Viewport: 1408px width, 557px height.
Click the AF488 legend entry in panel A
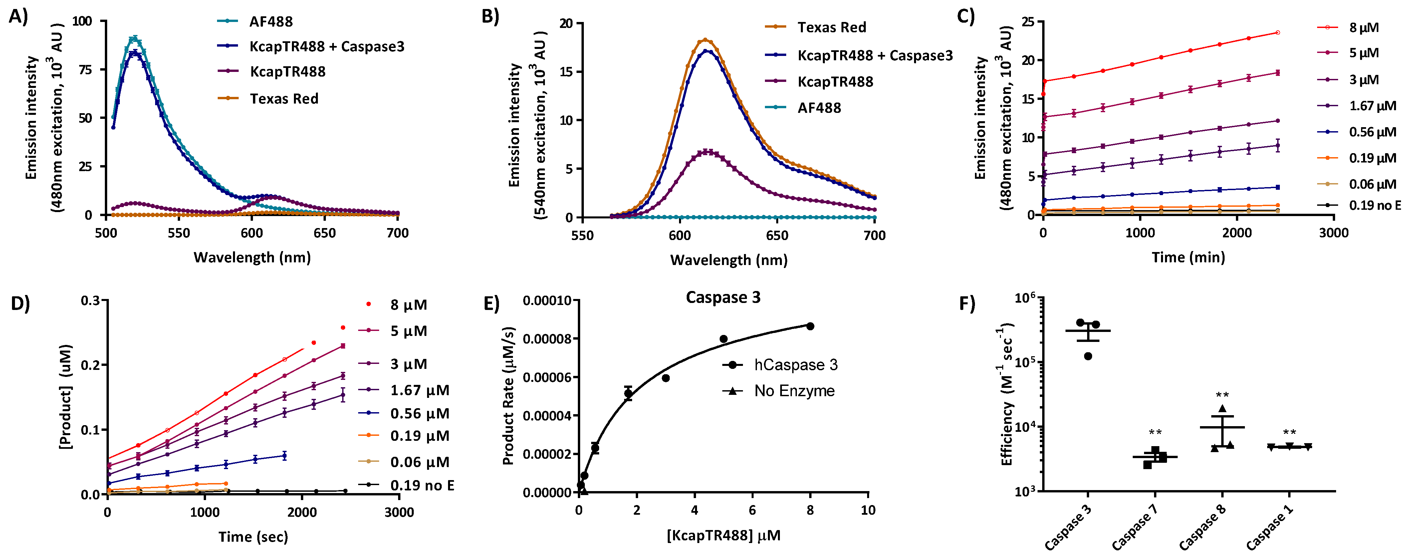pyautogui.click(x=271, y=22)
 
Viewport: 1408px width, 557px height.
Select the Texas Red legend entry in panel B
pyautogui.click(x=831, y=27)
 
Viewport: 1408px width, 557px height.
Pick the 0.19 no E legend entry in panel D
pyautogui.click(x=422, y=485)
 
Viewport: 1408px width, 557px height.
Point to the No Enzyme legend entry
pyautogui.click(x=794, y=391)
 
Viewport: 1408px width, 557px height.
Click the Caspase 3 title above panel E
pyautogui.click(x=723, y=297)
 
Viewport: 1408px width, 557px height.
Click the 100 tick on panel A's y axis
pyautogui.click(x=82, y=21)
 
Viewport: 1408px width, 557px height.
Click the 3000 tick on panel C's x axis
pyautogui.click(x=1334, y=233)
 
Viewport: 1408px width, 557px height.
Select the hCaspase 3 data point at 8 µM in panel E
pyautogui.click(x=810, y=326)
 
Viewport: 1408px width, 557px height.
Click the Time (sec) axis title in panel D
pyautogui.click(x=253, y=537)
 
